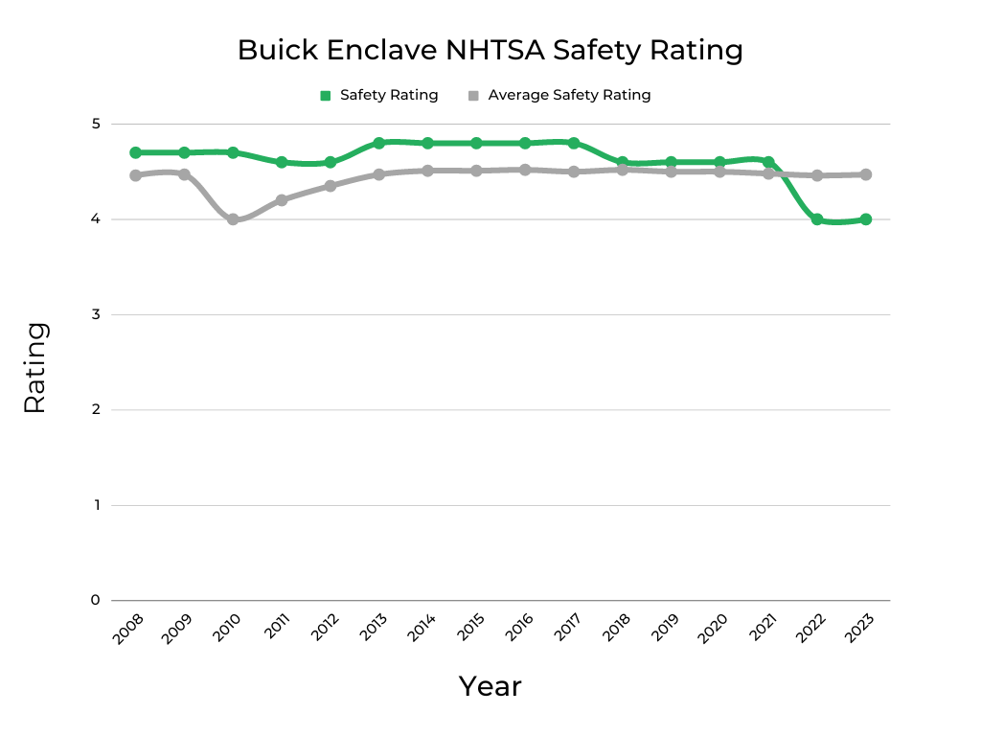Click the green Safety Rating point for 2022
[x=817, y=219]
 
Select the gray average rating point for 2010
[x=233, y=219]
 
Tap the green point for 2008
[x=136, y=152]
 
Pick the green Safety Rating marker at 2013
[x=379, y=143]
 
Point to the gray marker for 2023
[x=866, y=174]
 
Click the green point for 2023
[x=866, y=219]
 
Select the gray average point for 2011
[x=282, y=200]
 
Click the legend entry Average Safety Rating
[x=569, y=95]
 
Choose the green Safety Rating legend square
[x=326, y=95]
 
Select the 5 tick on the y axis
[x=96, y=124]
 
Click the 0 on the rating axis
[x=96, y=600]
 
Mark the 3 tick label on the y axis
[x=96, y=314]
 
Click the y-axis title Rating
[x=34, y=367]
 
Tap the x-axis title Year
[x=490, y=686]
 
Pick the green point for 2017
[x=574, y=143]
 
